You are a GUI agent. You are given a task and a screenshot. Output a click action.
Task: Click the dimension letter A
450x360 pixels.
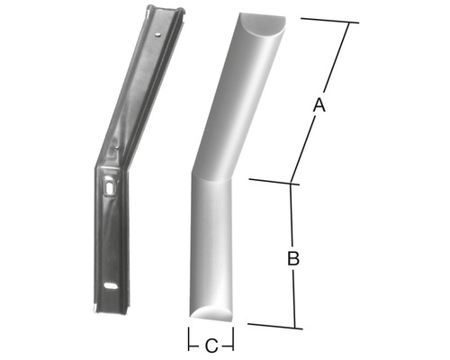[x=317, y=106]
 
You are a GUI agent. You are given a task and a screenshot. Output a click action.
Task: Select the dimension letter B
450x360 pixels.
[x=292, y=259]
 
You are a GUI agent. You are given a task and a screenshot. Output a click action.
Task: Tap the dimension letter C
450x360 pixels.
[x=211, y=345]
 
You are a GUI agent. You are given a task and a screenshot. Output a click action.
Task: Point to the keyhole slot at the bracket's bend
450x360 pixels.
[x=110, y=188]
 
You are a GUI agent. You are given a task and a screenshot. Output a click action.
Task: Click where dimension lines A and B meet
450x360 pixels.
[x=292, y=184]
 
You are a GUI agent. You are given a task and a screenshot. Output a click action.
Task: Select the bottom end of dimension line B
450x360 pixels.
[x=292, y=327]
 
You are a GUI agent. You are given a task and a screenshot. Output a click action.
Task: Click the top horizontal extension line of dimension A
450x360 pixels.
[x=328, y=20]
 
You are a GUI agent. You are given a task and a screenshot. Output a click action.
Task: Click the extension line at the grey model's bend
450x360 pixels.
[x=270, y=182]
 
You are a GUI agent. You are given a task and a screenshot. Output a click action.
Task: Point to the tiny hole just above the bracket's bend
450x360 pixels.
[x=119, y=147]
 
